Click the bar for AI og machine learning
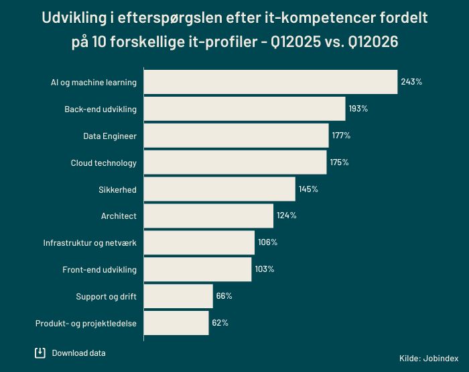[x=271, y=82]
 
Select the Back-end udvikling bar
[x=245, y=109]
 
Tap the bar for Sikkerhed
[x=220, y=189]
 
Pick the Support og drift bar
[x=178, y=296]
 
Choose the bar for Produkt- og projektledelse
[x=176, y=323]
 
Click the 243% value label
[x=411, y=82]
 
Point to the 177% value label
[x=341, y=136]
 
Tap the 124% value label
[x=287, y=216]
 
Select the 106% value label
[x=268, y=242]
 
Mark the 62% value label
[x=220, y=323]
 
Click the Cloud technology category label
[x=103, y=163]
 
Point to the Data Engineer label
[x=110, y=136]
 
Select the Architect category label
[x=119, y=216]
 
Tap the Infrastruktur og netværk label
[x=90, y=243]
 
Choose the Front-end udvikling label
[x=100, y=270]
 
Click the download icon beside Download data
[x=40, y=353]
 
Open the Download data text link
[x=78, y=353]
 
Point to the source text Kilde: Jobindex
[x=429, y=358]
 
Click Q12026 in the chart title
[x=373, y=42]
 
